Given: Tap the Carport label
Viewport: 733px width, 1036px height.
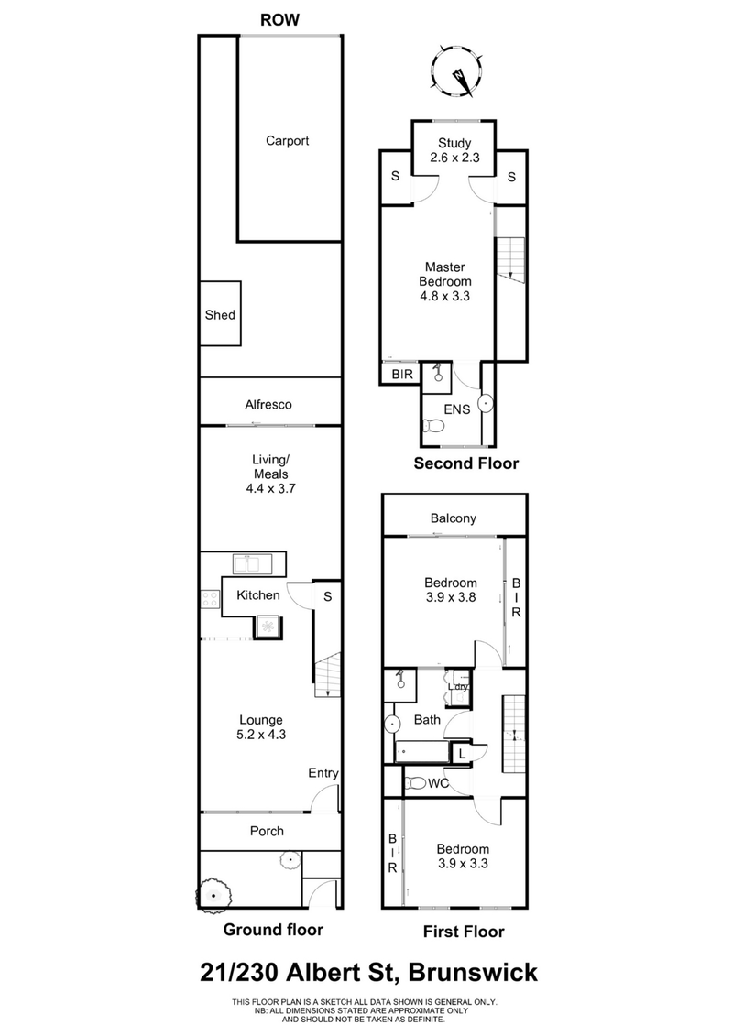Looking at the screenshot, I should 287,141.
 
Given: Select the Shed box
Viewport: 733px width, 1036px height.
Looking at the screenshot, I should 220,315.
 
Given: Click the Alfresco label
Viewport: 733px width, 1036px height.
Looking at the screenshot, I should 268,404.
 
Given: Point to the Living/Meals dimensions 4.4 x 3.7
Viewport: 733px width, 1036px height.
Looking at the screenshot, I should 271,489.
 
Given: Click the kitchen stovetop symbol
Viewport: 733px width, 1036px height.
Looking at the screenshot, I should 210,599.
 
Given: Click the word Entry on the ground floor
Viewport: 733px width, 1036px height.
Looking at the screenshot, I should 323,774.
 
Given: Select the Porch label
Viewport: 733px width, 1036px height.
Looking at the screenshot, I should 268,832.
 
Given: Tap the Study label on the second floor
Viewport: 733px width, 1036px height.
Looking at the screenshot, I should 454,142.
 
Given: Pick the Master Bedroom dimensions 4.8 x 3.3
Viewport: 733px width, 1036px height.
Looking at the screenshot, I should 447,296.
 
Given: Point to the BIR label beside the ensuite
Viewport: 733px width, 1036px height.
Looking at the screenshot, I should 401,375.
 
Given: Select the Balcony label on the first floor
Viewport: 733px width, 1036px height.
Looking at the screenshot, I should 454,518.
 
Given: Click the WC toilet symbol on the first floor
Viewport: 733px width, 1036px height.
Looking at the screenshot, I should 417,784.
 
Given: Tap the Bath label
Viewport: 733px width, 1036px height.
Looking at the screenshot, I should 426,720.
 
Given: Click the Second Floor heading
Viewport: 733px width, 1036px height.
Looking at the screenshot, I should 465,463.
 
